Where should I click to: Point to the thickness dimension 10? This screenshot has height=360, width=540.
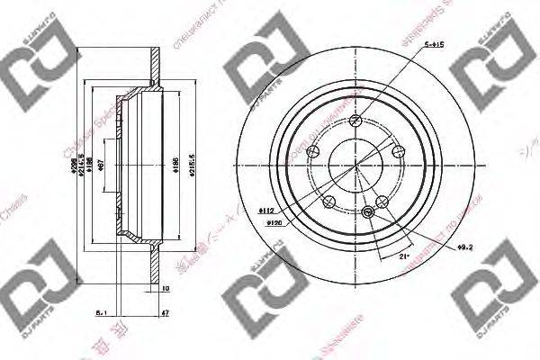pos(166,290)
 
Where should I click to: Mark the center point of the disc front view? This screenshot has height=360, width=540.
pos(356,165)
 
